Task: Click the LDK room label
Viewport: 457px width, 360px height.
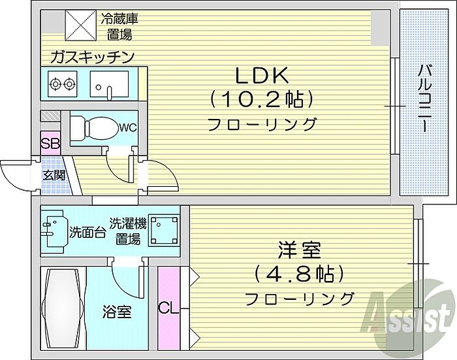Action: pyautogui.click(x=262, y=75)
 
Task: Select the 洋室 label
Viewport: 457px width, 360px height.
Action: pyautogui.click(x=299, y=250)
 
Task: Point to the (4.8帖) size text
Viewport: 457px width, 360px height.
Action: pyautogui.click(x=299, y=274)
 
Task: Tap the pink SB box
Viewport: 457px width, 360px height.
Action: pyautogui.click(x=50, y=143)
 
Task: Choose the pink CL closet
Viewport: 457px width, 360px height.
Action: pyautogui.click(x=168, y=308)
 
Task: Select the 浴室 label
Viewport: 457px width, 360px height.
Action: pyautogui.click(x=117, y=312)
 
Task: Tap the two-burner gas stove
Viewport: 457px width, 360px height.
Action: pyautogui.click(x=62, y=84)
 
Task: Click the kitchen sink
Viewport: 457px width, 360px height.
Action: pyautogui.click(x=109, y=84)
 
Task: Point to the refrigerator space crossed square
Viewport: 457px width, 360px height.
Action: pyautogui.click(x=80, y=25)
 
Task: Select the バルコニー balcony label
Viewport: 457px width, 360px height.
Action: pyautogui.click(x=424, y=99)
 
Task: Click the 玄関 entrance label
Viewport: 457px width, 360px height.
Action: pyautogui.click(x=54, y=175)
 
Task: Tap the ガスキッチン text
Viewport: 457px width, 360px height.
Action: pyautogui.click(x=92, y=57)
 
